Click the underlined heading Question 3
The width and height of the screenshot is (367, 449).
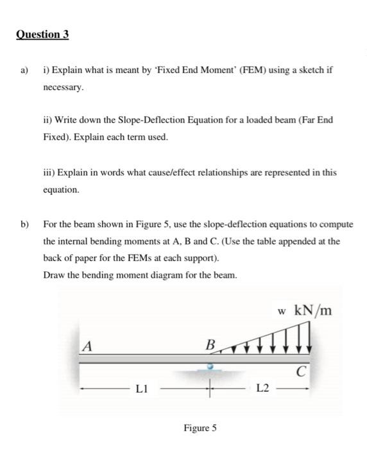[x=42, y=35]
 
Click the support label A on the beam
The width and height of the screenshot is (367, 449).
[x=87, y=346]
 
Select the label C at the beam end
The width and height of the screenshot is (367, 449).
[x=300, y=371]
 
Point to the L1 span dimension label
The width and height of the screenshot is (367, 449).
[x=142, y=388]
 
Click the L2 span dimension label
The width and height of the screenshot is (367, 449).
[x=262, y=388]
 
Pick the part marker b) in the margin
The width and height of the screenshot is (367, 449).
[x=25, y=224]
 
